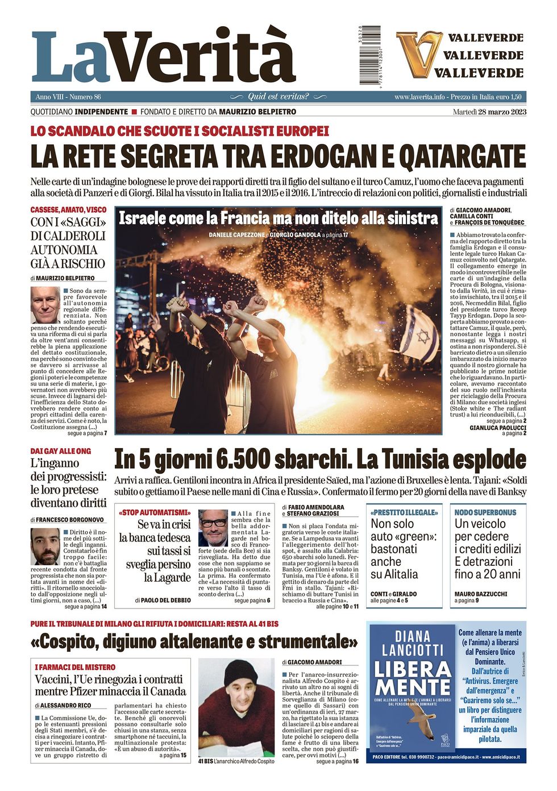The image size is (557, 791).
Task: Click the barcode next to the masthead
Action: coord(370,55)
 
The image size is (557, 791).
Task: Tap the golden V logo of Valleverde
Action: coord(418,55)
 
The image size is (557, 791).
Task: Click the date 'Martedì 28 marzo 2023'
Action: coord(489,111)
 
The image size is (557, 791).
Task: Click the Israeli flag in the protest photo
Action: coord(419,336)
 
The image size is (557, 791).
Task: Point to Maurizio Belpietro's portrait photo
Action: coord(45,305)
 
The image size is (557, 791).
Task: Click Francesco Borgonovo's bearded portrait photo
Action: coord(45,546)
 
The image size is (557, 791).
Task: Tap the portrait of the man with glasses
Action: coord(213,528)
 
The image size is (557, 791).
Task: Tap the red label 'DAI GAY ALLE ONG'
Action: coord(60,451)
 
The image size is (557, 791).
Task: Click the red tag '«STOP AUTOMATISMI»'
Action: coord(155,513)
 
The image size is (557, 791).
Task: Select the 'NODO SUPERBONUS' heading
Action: coord(485,512)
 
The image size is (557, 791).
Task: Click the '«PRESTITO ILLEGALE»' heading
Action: coord(404,512)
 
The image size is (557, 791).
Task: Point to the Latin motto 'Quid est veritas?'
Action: coord(278,97)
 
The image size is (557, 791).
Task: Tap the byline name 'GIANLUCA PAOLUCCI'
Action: coord(497,428)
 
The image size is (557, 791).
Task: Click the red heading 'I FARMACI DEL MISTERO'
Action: coord(75,667)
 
